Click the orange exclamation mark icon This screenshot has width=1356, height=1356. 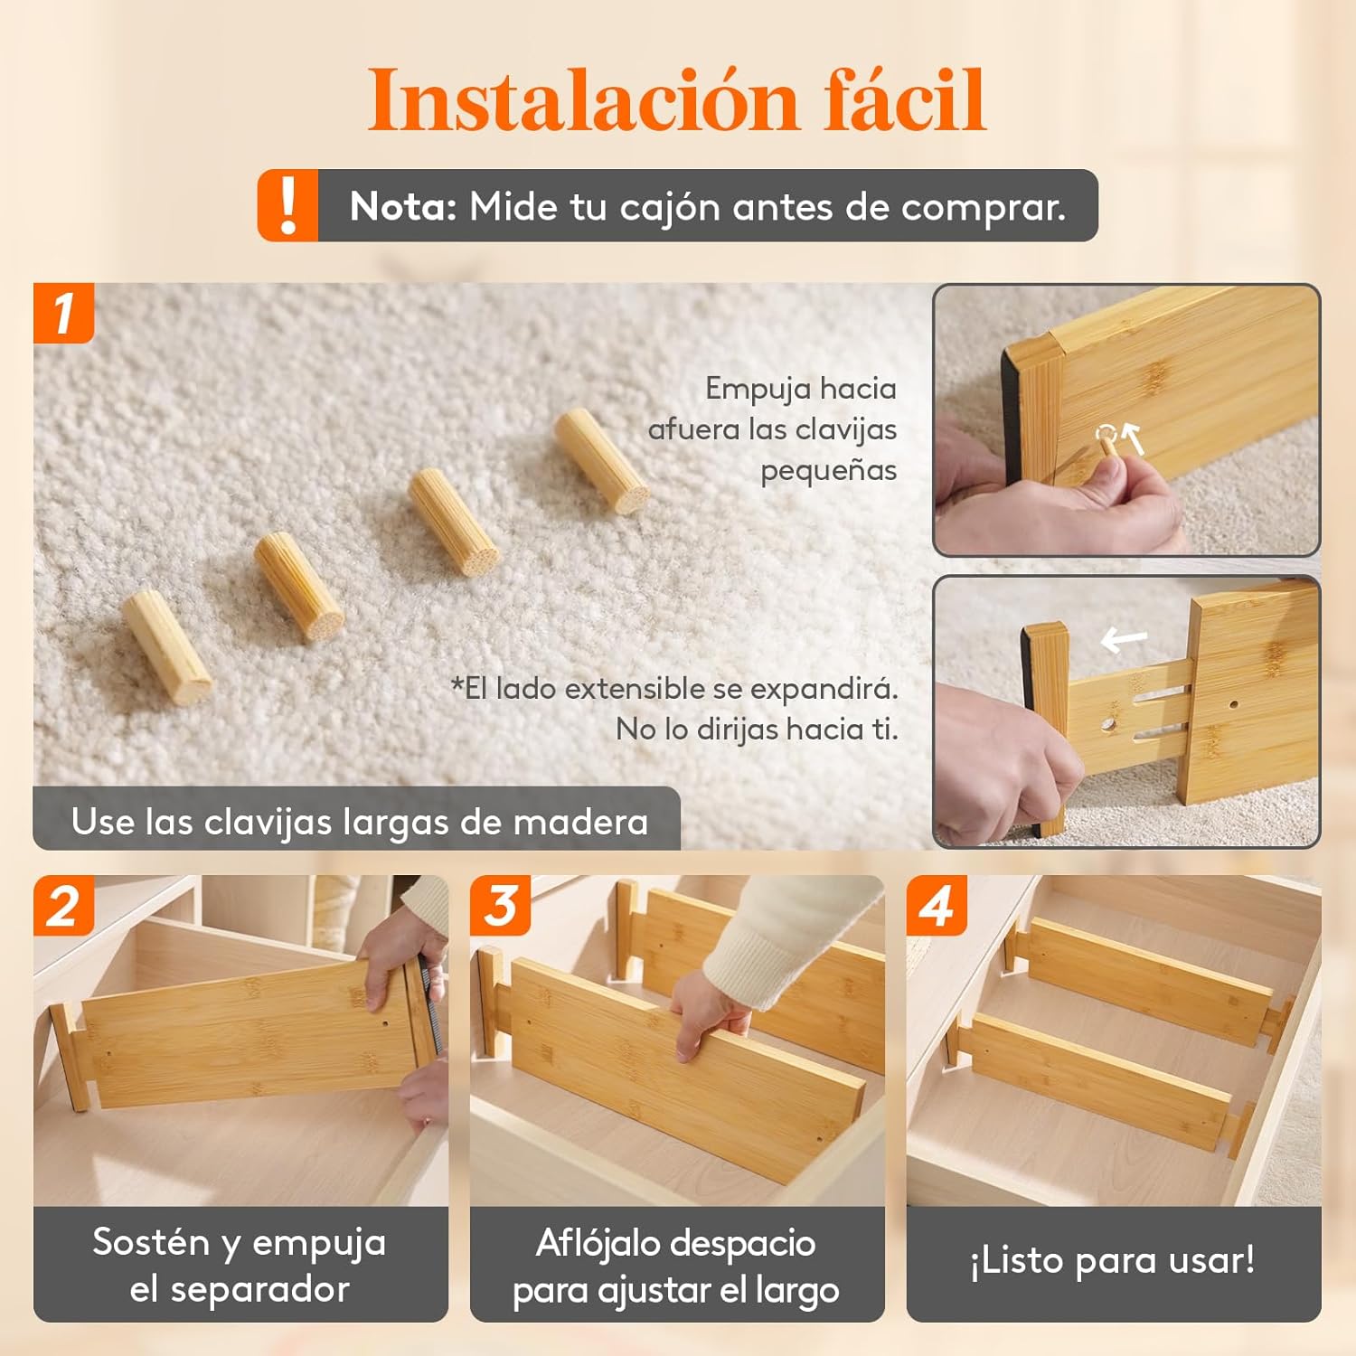(x=287, y=205)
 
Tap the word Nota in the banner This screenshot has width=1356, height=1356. (x=403, y=206)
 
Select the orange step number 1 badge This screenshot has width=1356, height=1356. (x=63, y=313)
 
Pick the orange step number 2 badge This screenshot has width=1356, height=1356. (x=63, y=905)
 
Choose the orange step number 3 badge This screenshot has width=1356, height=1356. (x=500, y=905)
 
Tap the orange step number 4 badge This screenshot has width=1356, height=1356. (x=937, y=905)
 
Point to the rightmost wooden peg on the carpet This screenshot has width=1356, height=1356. (x=601, y=461)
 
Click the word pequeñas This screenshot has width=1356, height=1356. (x=828, y=471)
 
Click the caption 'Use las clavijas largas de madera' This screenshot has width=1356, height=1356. (x=360, y=822)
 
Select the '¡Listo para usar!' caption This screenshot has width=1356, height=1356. (x=1113, y=1259)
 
